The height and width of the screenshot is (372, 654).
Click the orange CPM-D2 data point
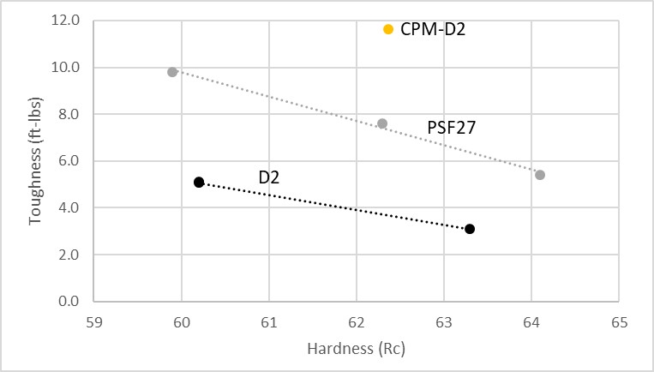(388, 29)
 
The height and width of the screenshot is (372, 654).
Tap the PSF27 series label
(451, 128)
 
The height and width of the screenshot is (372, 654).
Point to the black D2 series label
(270, 177)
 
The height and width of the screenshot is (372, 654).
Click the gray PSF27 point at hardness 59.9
(172, 72)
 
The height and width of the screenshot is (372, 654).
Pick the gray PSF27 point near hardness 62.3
(382, 123)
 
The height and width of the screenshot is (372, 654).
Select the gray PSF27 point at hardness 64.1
(540, 175)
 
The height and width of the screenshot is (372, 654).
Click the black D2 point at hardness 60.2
(199, 183)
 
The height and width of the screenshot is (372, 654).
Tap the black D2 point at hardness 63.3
(470, 229)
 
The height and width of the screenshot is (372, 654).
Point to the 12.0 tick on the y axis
(66, 21)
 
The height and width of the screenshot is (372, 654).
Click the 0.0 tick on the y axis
(69, 302)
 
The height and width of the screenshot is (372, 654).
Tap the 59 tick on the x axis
(94, 322)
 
